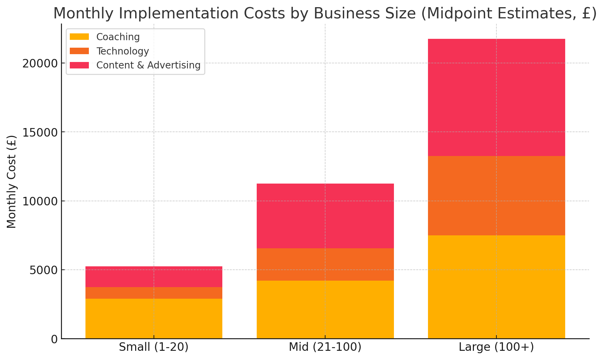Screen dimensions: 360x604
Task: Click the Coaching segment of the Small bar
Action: (154, 318)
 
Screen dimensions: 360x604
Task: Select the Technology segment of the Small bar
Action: (154, 293)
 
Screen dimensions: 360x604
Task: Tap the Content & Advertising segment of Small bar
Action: (154, 277)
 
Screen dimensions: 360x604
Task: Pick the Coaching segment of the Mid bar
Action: (325, 309)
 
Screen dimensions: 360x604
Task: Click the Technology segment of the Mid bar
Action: (325, 264)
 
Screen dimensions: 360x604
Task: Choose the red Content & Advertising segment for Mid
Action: (325, 216)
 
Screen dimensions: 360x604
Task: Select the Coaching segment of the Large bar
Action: (496, 287)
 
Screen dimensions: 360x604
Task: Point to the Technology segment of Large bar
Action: (496, 195)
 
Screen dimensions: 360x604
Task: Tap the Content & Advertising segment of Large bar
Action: (496, 97)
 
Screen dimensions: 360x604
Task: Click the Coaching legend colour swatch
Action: (79, 37)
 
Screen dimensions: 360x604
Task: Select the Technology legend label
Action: (123, 51)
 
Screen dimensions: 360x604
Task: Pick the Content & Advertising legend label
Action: (148, 65)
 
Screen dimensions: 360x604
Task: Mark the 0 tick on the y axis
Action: (54, 339)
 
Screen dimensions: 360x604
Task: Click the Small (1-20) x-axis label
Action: (154, 347)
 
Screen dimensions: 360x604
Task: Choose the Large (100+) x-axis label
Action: (496, 347)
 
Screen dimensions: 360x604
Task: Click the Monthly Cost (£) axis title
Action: (12, 181)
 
